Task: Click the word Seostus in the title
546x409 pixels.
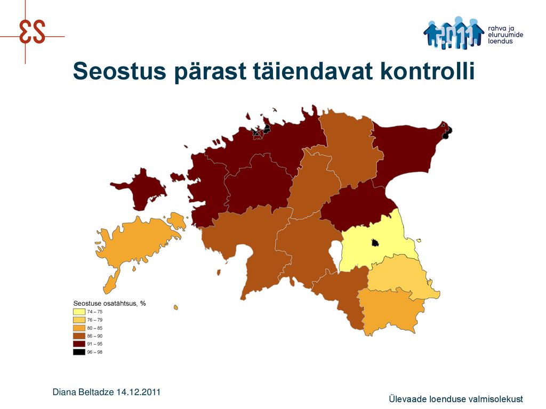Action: tap(119, 71)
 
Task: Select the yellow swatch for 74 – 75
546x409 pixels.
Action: tap(79, 312)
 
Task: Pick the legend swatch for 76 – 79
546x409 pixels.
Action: tap(79, 320)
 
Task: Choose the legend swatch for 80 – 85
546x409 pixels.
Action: tap(79, 328)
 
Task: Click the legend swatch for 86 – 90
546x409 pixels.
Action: tap(79, 336)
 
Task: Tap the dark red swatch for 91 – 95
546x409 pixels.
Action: tap(79, 344)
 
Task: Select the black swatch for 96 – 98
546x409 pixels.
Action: tap(79, 352)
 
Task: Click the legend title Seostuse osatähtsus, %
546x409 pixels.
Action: tap(109, 303)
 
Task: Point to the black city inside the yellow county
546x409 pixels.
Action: tap(375, 242)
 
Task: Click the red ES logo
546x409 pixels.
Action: tap(32, 31)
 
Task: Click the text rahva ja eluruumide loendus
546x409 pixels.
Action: tap(505, 35)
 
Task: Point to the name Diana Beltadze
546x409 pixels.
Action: tap(83, 392)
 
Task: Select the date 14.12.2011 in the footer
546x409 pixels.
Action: tap(139, 392)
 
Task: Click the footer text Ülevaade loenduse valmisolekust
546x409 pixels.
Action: tap(456, 399)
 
